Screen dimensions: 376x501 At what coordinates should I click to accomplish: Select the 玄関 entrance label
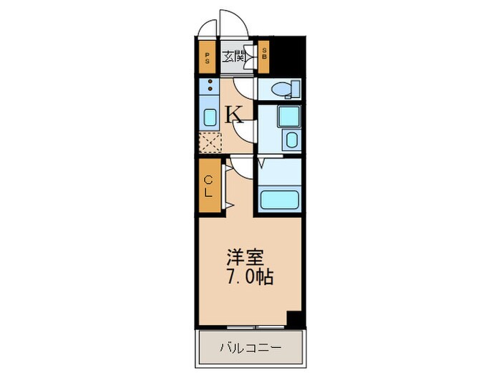coord(233,57)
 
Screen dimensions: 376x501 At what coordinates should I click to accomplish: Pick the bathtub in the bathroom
coord(281,198)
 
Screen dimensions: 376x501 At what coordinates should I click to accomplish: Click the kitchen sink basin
coord(210,117)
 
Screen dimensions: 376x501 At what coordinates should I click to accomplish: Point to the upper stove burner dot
coord(210,83)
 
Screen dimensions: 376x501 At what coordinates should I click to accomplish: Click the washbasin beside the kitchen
coord(288,115)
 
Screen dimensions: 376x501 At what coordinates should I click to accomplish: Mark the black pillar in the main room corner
coord(295,319)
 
